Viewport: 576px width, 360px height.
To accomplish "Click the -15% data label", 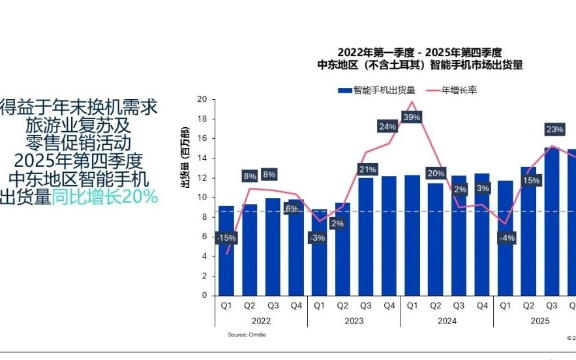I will tap(226, 238).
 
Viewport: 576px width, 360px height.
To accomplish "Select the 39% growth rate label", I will tap(412, 117).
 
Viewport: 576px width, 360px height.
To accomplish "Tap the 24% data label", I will tap(387, 127).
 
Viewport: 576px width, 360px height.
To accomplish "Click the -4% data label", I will tap(506, 238).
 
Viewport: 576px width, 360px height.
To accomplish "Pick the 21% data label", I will tap(367, 170).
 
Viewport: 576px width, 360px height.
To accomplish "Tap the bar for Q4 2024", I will tap(482, 234).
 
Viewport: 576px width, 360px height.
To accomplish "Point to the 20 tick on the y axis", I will tap(202, 99).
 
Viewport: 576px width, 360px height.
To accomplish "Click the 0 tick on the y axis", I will tap(204, 295).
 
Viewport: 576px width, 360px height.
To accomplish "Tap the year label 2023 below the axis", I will tap(354, 321).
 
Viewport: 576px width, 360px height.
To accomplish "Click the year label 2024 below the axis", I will tap(447, 321).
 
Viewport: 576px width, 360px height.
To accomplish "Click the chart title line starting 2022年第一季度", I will tap(419, 52).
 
